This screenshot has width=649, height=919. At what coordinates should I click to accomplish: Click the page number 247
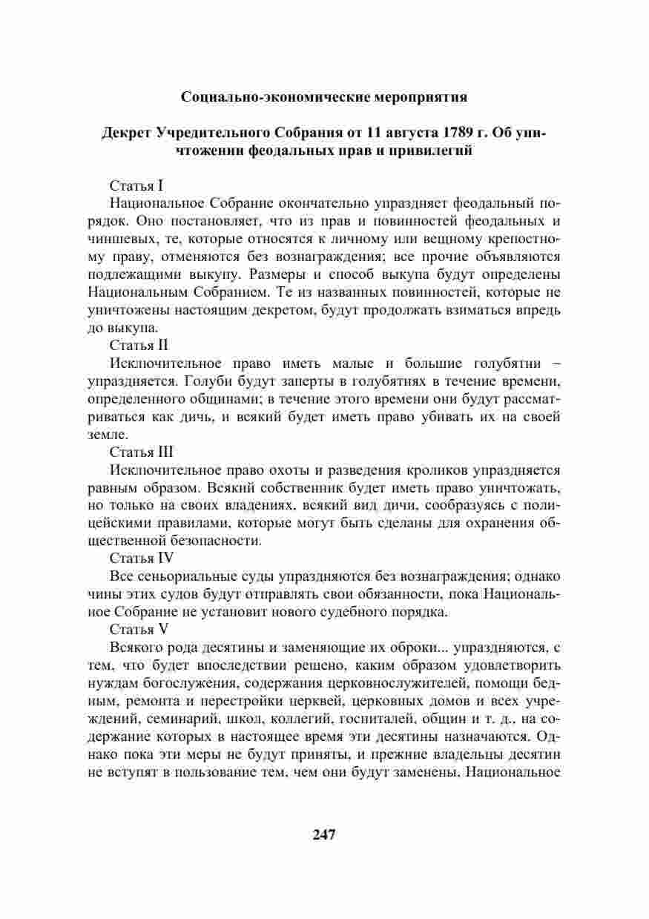pos(324,834)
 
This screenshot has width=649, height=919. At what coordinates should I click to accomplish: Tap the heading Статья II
pos(139,346)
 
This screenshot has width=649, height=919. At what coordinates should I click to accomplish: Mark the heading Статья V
pos(139,630)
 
